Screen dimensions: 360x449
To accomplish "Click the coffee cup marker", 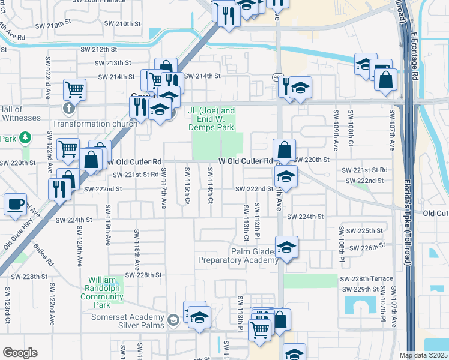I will (15, 204).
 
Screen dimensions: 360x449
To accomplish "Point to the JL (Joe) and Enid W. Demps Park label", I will (211, 119).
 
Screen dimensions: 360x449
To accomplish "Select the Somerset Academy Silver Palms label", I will (127, 321).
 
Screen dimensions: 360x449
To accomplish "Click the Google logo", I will (20, 353).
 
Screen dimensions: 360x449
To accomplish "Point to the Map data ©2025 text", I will (423, 355).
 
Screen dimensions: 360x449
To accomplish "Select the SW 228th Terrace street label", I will (366, 279).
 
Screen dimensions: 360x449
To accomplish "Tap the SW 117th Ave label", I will (163, 188).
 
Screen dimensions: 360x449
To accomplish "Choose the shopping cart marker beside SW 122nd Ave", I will (74, 90).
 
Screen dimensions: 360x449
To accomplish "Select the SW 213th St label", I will (114, 63).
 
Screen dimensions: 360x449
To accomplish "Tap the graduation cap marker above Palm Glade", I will (286, 247).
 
